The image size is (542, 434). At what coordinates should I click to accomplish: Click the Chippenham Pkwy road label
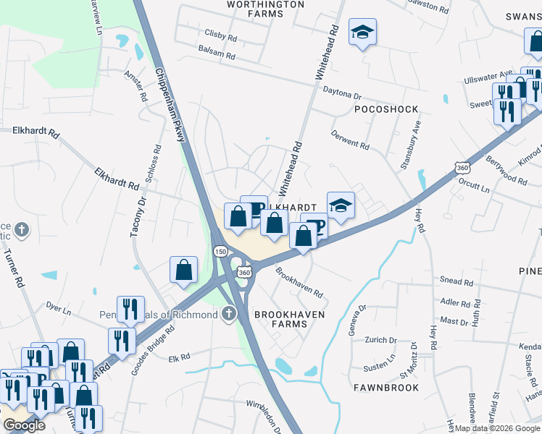[170, 106]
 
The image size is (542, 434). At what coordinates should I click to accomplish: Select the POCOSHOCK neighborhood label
[386, 109]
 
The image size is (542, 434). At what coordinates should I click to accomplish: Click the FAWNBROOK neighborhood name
[386, 388]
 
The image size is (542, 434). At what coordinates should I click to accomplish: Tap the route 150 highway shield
[220, 250]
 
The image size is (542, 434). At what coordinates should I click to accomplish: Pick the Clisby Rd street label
[221, 35]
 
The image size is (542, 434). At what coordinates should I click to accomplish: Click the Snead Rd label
[456, 280]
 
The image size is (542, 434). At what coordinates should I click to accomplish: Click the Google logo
[24, 425]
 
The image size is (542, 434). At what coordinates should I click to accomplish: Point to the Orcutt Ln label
[475, 190]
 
